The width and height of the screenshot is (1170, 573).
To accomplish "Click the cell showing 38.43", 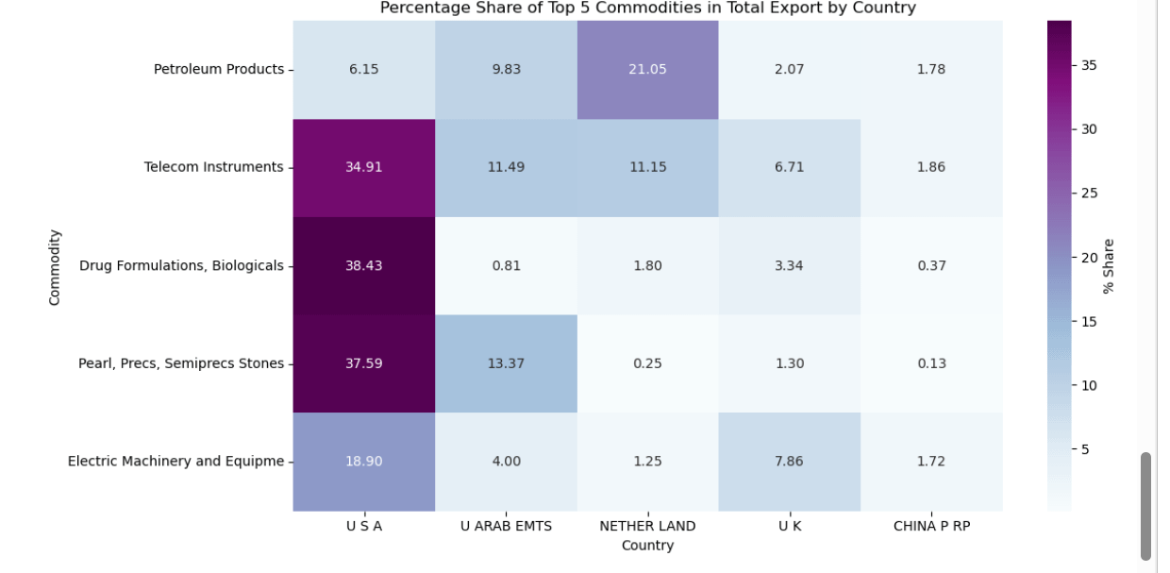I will [x=363, y=265].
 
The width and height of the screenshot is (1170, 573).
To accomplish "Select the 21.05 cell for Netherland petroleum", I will [x=647, y=69].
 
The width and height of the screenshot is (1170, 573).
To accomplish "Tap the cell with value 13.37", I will [x=506, y=363].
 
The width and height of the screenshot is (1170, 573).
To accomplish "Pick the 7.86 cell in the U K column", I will [x=789, y=462].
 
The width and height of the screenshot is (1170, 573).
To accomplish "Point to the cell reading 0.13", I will [x=930, y=363].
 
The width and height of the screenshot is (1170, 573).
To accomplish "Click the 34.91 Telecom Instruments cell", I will [x=363, y=167].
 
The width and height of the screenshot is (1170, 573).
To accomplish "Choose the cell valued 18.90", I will [x=363, y=462].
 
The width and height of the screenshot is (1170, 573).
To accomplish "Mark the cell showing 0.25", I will [x=647, y=363].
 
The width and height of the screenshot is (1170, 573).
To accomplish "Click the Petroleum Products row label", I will [x=218, y=69].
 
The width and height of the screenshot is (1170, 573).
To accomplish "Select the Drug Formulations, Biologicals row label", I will [x=181, y=265].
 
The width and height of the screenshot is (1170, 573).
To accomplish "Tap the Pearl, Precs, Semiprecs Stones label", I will [x=180, y=363].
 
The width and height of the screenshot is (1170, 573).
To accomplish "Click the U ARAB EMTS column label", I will [x=506, y=527].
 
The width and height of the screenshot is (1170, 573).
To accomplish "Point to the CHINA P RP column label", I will [x=931, y=527].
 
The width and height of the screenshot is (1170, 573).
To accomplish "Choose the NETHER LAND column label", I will [x=647, y=527].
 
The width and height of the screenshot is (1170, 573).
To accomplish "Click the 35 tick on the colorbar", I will [x=1087, y=65].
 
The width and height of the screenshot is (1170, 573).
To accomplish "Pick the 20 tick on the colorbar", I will [x=1087, y=258].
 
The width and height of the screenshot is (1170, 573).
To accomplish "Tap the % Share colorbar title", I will [x=1109, y=266].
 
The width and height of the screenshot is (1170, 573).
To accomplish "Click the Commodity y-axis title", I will [x=55, y=266].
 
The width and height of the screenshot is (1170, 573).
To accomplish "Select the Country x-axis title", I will [x=647, y=546].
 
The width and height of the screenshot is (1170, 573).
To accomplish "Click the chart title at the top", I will [x=647, y=8].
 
